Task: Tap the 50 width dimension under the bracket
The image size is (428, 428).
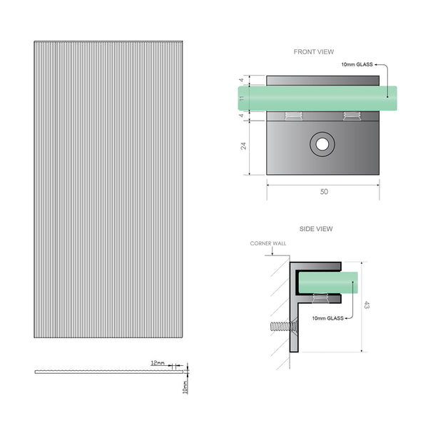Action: point(323,192)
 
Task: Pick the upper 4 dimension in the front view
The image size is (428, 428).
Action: point(243,79)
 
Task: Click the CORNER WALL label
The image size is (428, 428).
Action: point(267,243)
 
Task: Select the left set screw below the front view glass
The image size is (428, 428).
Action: point(292,116)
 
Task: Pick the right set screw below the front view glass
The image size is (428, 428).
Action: point(350,116)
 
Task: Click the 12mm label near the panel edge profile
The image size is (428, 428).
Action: point(158,363)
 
